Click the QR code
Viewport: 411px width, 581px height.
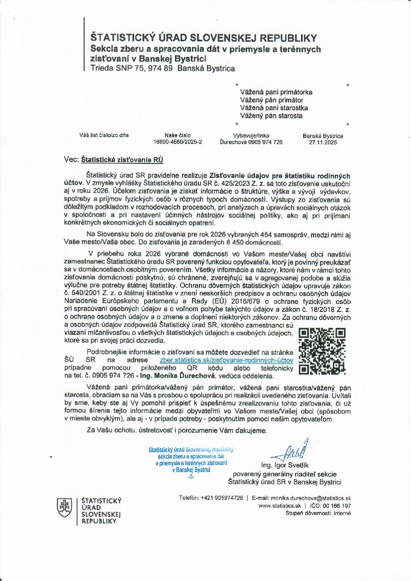click(322, 351)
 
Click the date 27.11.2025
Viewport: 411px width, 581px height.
click(323, 142)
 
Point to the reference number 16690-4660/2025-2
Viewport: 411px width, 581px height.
click(178, 142)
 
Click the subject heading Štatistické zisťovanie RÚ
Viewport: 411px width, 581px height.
click(122, 160)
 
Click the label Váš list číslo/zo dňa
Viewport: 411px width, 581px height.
click(104, 135)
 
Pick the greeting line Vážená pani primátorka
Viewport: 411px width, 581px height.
click(276, 92)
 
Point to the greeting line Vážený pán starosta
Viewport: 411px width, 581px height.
click(271, 116)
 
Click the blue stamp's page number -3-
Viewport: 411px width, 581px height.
click(191, 477)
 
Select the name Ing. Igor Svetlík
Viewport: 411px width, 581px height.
click(285, 465)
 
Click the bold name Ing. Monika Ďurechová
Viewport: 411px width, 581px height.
click(178, 376)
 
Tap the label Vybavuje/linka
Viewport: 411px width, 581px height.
click(251, 135)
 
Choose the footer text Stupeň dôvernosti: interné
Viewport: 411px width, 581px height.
click(318, 513)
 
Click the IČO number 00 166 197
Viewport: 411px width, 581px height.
click(338, 505)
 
